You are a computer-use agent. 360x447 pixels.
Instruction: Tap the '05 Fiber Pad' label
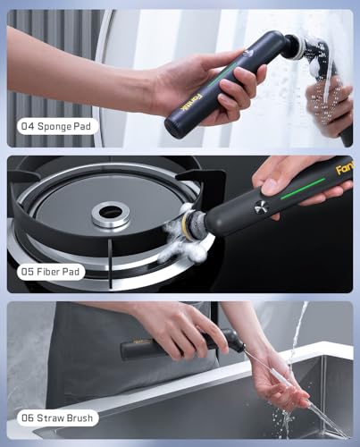[x=49, y=271]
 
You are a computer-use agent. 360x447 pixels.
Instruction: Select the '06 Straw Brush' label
[x=55, y=417]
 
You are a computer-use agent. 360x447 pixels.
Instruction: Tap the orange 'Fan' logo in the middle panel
[x=345, y=167]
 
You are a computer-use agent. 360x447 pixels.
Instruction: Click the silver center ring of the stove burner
[x=111, y=213]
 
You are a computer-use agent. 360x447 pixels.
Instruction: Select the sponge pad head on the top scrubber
[x=294, y=47]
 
